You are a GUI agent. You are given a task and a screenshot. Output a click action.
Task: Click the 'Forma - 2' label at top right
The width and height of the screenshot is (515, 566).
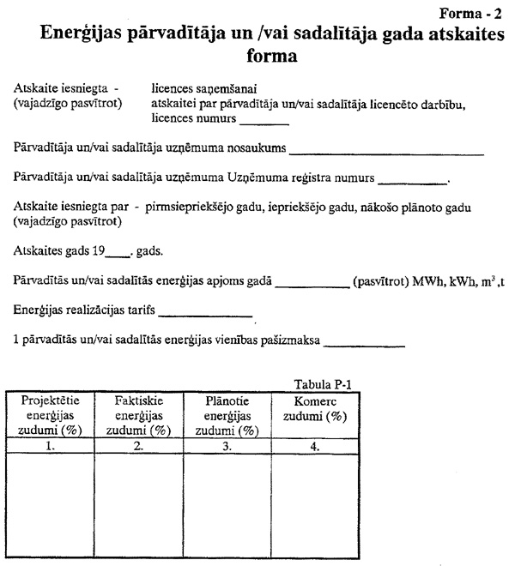(x=471, y=14)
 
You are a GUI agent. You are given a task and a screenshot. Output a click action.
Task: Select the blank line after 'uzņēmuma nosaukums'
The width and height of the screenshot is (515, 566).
(x=387, y=153)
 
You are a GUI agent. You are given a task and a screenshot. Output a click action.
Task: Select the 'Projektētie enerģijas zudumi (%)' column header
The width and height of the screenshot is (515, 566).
(x=51, y=415)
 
